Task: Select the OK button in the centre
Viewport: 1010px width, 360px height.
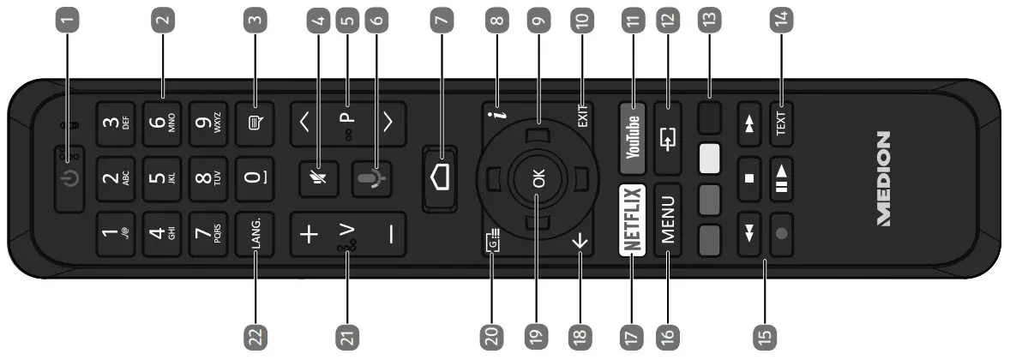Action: [x=538, y=181]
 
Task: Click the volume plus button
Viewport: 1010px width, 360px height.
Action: [x=310, y=235]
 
